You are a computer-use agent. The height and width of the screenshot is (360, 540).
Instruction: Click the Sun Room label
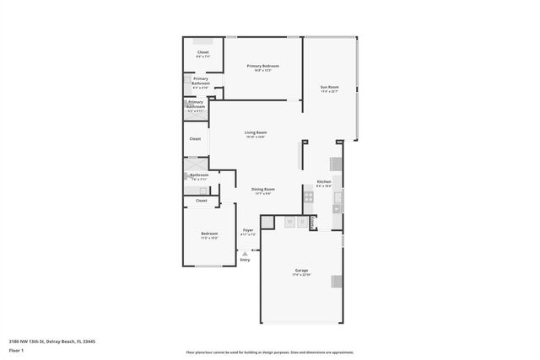(x=329, y=88)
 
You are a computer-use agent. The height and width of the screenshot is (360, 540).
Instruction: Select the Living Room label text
(x=256, y=134)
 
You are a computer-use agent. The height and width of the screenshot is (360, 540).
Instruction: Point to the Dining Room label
(x=262, y=191)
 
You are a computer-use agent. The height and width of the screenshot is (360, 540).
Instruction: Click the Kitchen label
(x=323, y=183)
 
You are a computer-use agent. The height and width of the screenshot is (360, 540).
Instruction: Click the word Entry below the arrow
(x=246, y=260)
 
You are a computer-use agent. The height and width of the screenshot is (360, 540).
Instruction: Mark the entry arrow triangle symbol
(x=245, y=253)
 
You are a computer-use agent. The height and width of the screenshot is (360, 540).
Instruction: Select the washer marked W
(x=289, y=223)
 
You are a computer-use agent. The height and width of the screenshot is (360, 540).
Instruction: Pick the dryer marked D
(x=301, y=223)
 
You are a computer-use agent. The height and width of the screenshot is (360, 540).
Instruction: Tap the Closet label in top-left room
(x=202, y=54)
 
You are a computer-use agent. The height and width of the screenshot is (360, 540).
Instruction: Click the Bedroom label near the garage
(x=209, y=234)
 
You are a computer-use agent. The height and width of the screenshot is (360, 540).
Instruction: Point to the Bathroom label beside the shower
(x=199, y=176)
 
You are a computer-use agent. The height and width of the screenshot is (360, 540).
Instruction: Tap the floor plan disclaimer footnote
(x=270, y=352)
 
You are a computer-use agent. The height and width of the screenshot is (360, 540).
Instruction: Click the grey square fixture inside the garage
(x=337, y=282)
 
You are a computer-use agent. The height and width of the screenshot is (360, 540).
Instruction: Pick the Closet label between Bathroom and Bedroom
(x=201, y=201)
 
